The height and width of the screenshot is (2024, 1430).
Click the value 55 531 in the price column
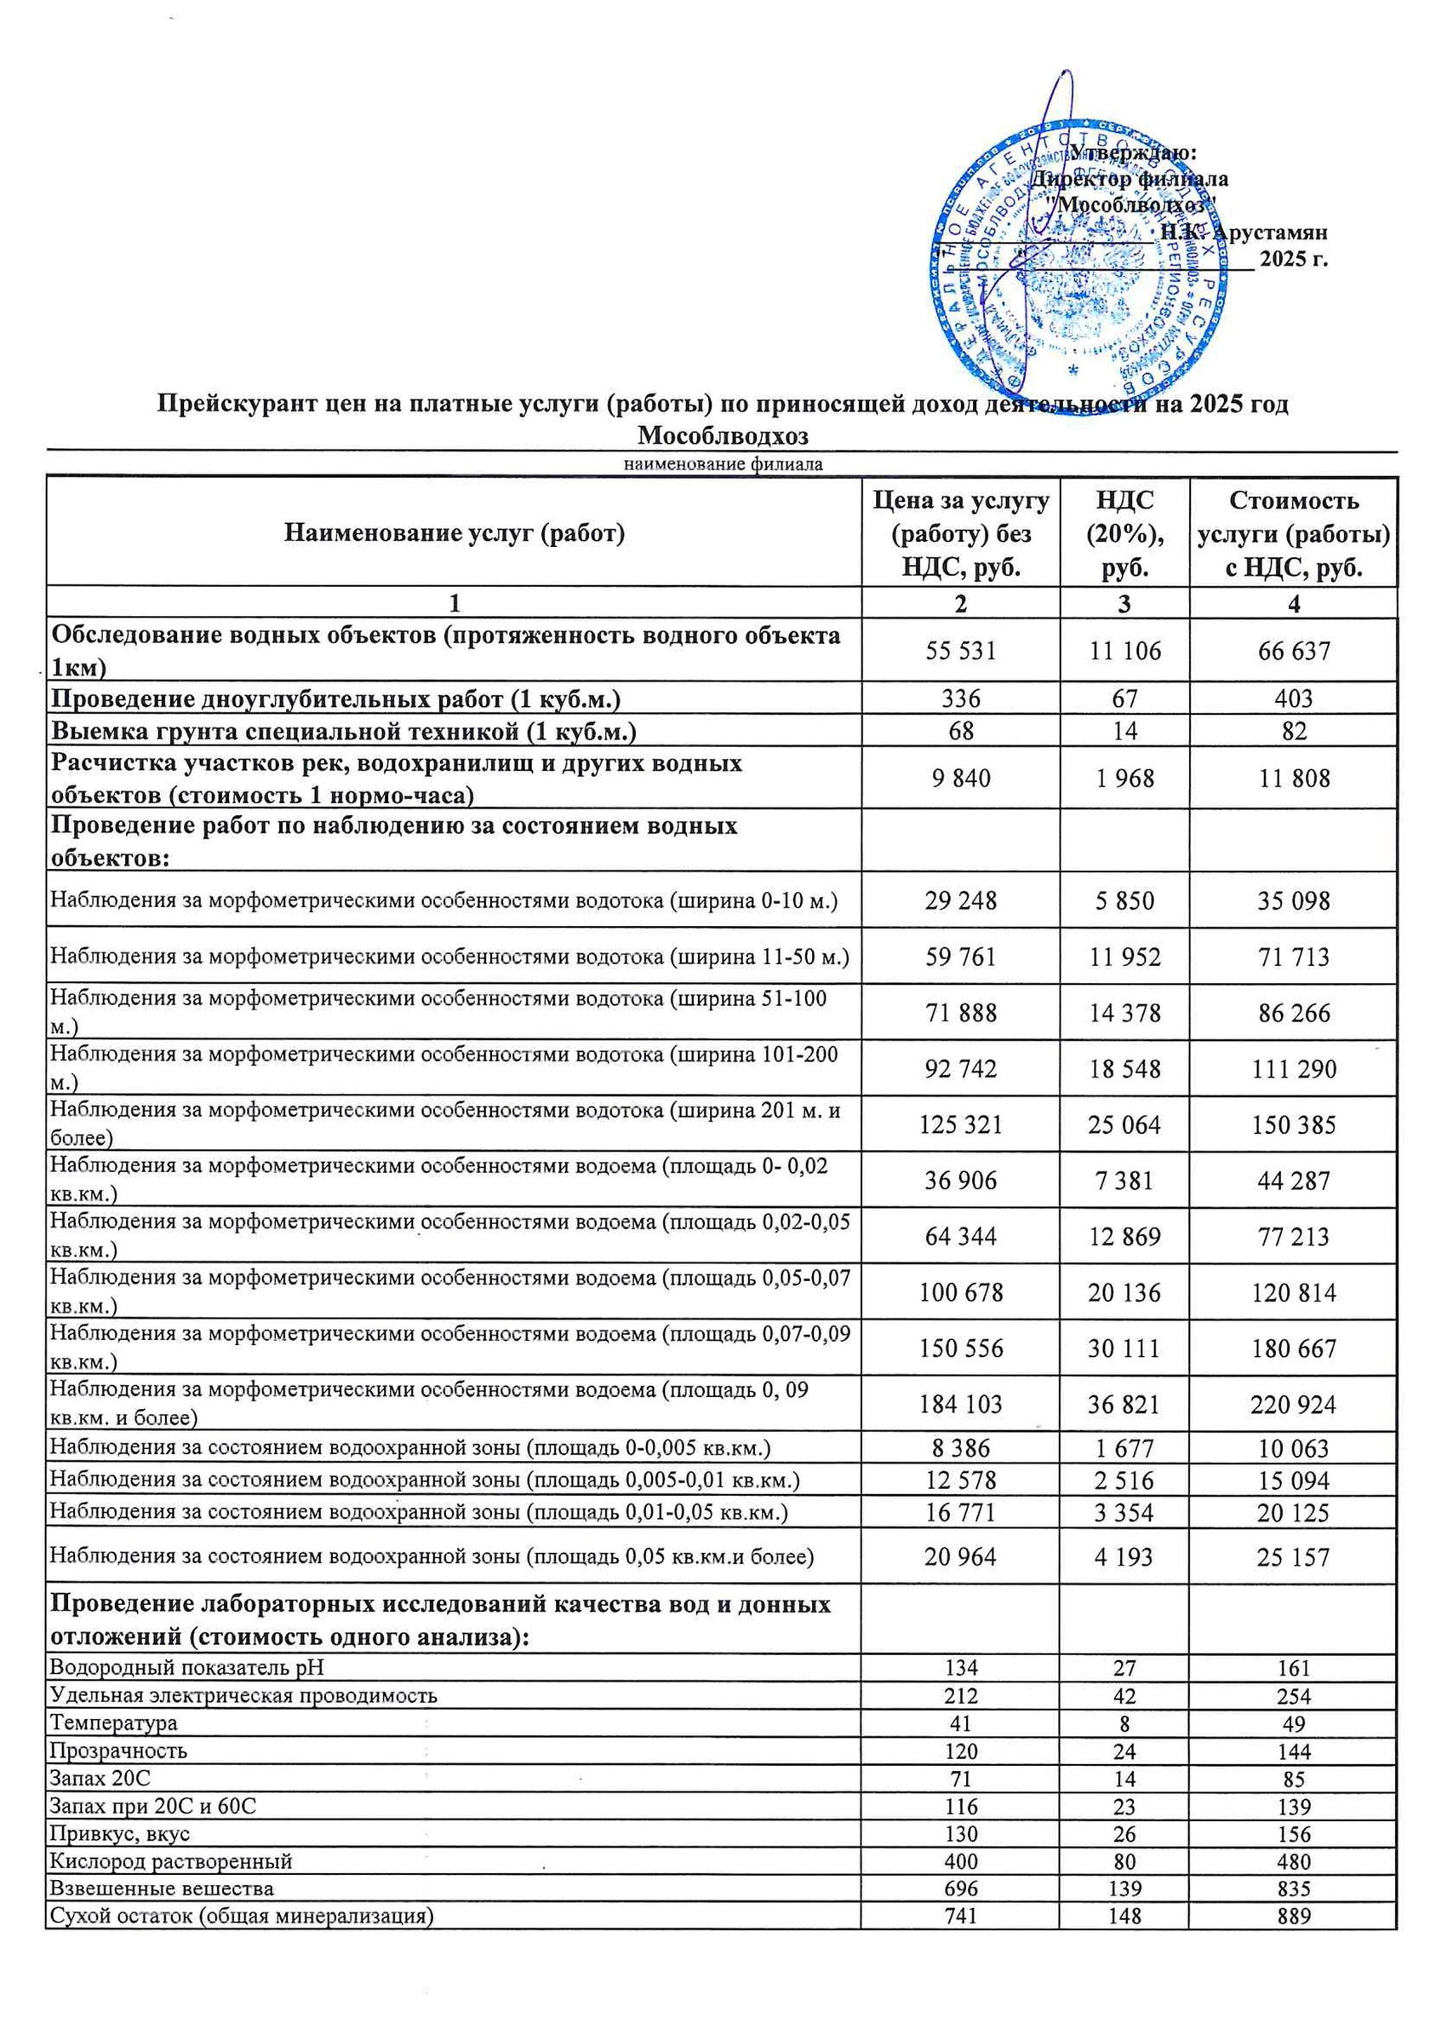point(960,651)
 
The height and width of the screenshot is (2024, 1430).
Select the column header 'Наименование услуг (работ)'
point(454,533)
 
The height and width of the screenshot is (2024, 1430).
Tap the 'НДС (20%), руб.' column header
point(1124,533)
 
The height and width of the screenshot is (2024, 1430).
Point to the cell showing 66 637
point(1294,651)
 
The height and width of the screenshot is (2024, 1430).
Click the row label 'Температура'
point(114,1722)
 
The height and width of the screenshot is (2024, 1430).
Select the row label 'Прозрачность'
point(118,1751)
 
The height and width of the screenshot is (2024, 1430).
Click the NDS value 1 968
point(1124,779)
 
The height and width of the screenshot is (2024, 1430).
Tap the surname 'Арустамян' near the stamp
point(1270,233)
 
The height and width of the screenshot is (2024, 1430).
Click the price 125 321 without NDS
point(960,1124)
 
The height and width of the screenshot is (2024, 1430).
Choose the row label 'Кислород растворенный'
point(171,1861)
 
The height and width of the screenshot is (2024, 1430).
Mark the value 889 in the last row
point(1294,1917)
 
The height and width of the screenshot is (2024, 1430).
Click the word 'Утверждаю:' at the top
point(1133,152)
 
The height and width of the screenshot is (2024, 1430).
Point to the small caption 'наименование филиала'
point(723,464)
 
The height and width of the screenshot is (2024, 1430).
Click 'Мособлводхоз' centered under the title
point(723,436)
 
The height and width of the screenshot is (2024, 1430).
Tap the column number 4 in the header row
point(1294,604)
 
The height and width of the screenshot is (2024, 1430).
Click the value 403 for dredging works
point(1294,699)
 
